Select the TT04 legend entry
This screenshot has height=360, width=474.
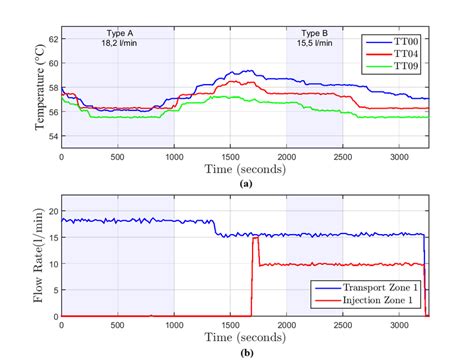point(405,54)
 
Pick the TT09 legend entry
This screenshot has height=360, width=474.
point(405,65)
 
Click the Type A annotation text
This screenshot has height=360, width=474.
point(118,34)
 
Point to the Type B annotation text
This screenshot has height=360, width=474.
point(315,34)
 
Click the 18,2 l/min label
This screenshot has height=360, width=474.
point(118,45)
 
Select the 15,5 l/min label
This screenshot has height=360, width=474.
point(315,45)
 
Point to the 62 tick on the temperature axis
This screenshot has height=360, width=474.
point(52,40)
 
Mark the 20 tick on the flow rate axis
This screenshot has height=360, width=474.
point(52,210)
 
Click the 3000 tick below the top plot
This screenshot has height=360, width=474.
point(400,157)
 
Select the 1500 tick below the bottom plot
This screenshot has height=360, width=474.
point(231,326)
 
